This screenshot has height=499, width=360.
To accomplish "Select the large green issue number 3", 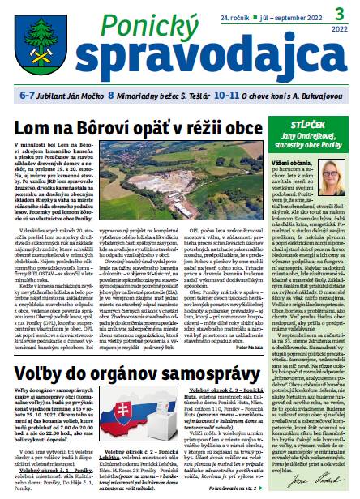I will click(x=332, y=13).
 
